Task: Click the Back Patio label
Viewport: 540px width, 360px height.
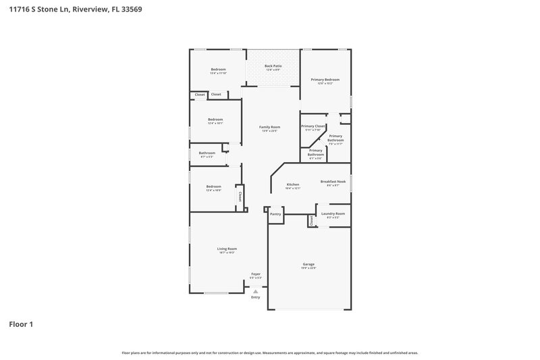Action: [273, 66]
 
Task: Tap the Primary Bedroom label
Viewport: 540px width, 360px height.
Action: [325, 80]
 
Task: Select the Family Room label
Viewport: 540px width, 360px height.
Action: [270, 127]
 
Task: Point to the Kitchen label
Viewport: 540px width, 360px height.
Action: [293, 184]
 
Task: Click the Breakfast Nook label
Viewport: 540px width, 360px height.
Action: [333, 182]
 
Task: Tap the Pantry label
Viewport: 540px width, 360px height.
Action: [275, 214]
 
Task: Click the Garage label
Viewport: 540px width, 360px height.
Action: [308, 264]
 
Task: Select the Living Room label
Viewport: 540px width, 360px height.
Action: [227, 249]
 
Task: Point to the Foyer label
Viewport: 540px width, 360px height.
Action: [255, 274]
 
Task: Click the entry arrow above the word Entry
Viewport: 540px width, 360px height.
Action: [255, 291]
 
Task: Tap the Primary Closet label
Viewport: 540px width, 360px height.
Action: [313, 126]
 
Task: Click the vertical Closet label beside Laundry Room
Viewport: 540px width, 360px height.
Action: [311, 221]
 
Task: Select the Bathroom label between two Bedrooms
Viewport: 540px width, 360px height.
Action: [207, 153]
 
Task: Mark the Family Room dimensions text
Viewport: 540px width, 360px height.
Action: [270, 131]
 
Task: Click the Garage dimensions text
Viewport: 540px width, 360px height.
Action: [308, 268]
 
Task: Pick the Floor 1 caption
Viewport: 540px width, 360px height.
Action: [21, 325]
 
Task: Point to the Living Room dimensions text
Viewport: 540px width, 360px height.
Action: [227, 253]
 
